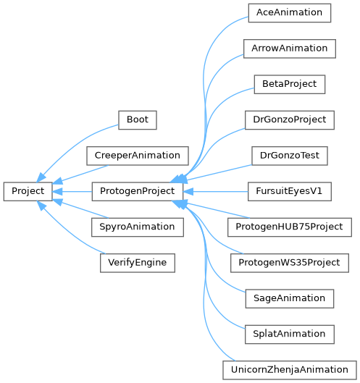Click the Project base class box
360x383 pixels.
(28, 191)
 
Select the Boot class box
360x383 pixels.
(138, 120)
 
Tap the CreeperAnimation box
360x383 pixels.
(138, 156)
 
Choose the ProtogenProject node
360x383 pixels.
(138, 191)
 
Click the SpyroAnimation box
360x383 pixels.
(138, 227)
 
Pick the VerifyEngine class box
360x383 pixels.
(138, 263)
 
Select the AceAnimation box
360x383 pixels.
(290, 13)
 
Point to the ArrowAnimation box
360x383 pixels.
(290, 49)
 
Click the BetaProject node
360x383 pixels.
(290, 84)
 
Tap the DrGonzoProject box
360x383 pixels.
(290, 120)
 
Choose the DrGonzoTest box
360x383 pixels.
(290, 156)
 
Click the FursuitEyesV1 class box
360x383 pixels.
(290, 191)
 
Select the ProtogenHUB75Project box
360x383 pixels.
(290, 227)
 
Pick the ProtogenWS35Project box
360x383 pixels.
(290, 263)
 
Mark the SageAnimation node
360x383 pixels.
(290, 299)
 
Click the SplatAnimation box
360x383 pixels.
(290, 334)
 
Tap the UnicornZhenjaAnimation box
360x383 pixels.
(290, 370)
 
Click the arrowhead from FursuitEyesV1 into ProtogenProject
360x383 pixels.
(188, 191)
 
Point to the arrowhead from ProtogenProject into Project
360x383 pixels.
(57, 191)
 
